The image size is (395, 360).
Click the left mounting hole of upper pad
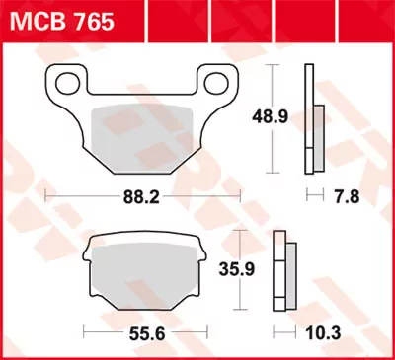(x=66, y=83)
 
